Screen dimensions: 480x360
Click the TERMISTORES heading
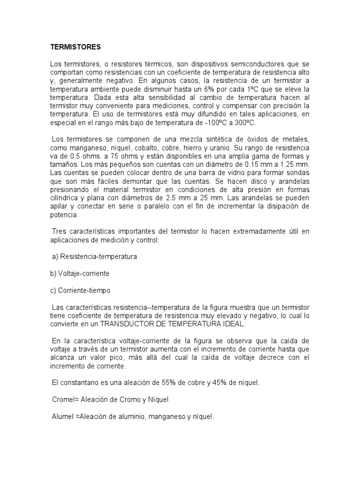75,47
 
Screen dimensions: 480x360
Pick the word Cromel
64,400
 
